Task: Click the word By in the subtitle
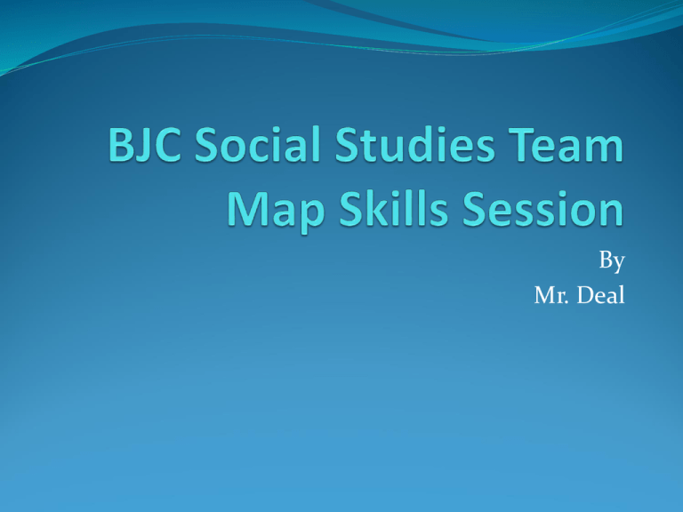click(x=611, y=262)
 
